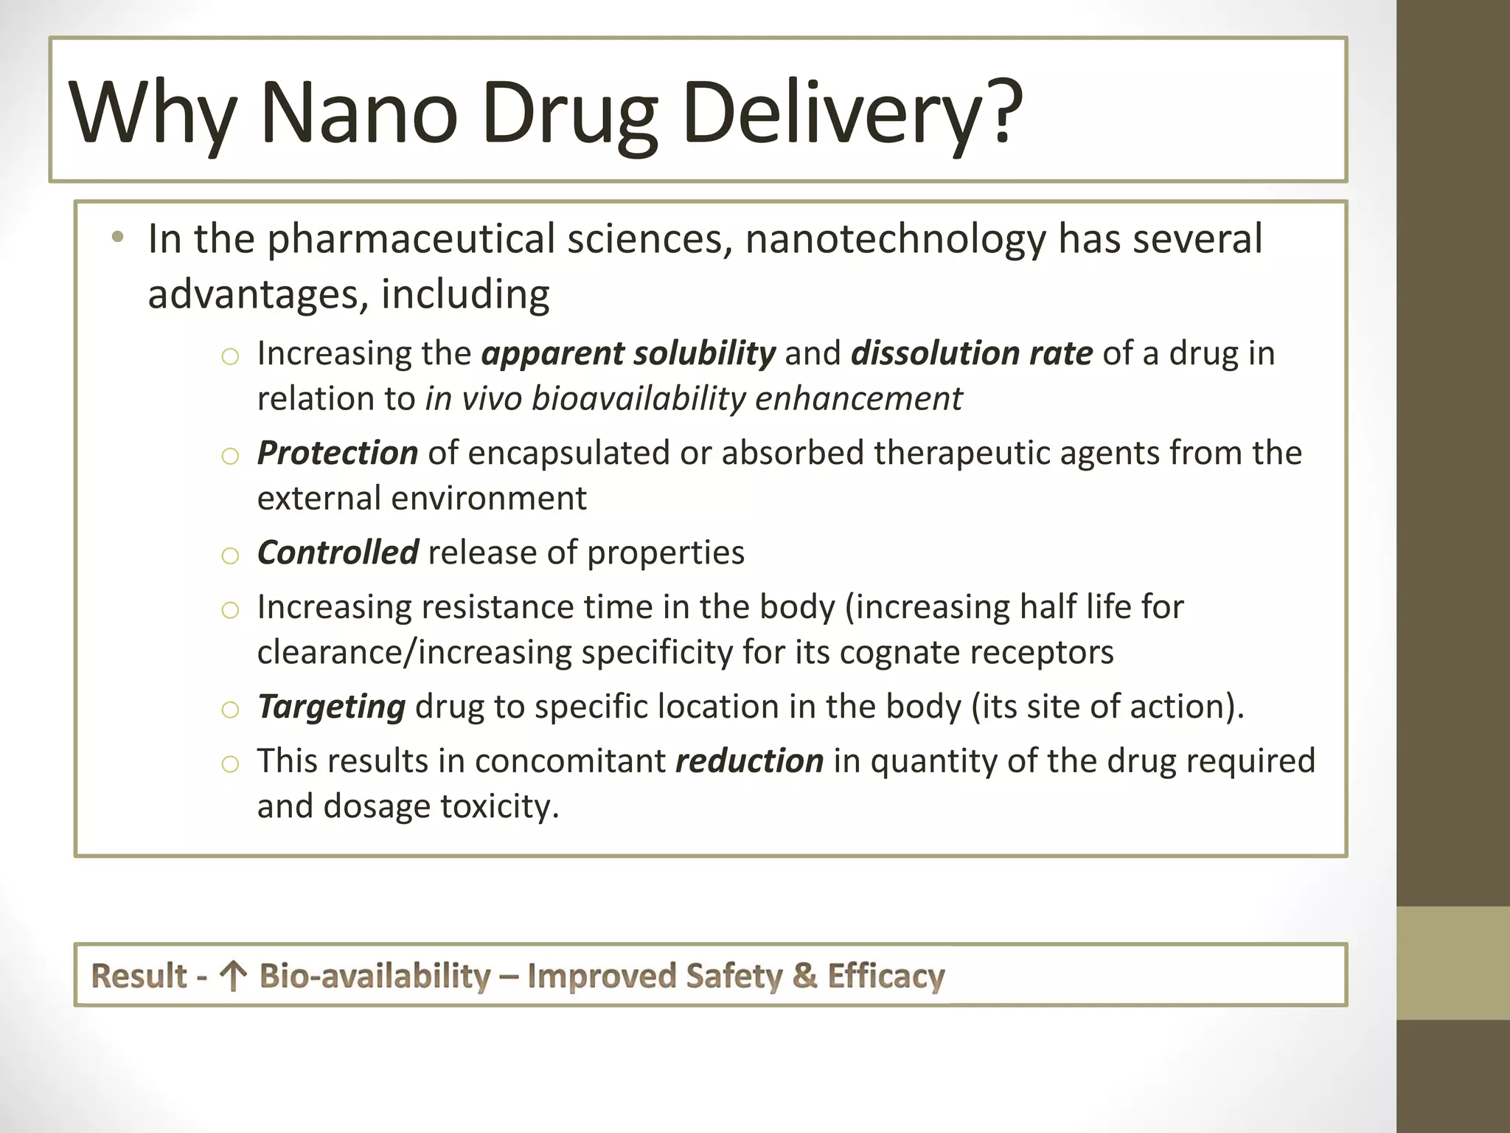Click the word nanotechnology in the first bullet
[895, 239]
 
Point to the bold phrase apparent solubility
[628, 353]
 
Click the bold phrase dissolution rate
[971, 353]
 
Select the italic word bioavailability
[639, 398]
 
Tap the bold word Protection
[337, 453]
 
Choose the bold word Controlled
[338, 552]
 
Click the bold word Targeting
[331, 707]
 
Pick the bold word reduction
[749, 761]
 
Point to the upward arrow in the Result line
[233, 976]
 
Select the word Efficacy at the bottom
[886, 976]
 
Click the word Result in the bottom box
[139, 976]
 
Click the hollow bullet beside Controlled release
[230, 555]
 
